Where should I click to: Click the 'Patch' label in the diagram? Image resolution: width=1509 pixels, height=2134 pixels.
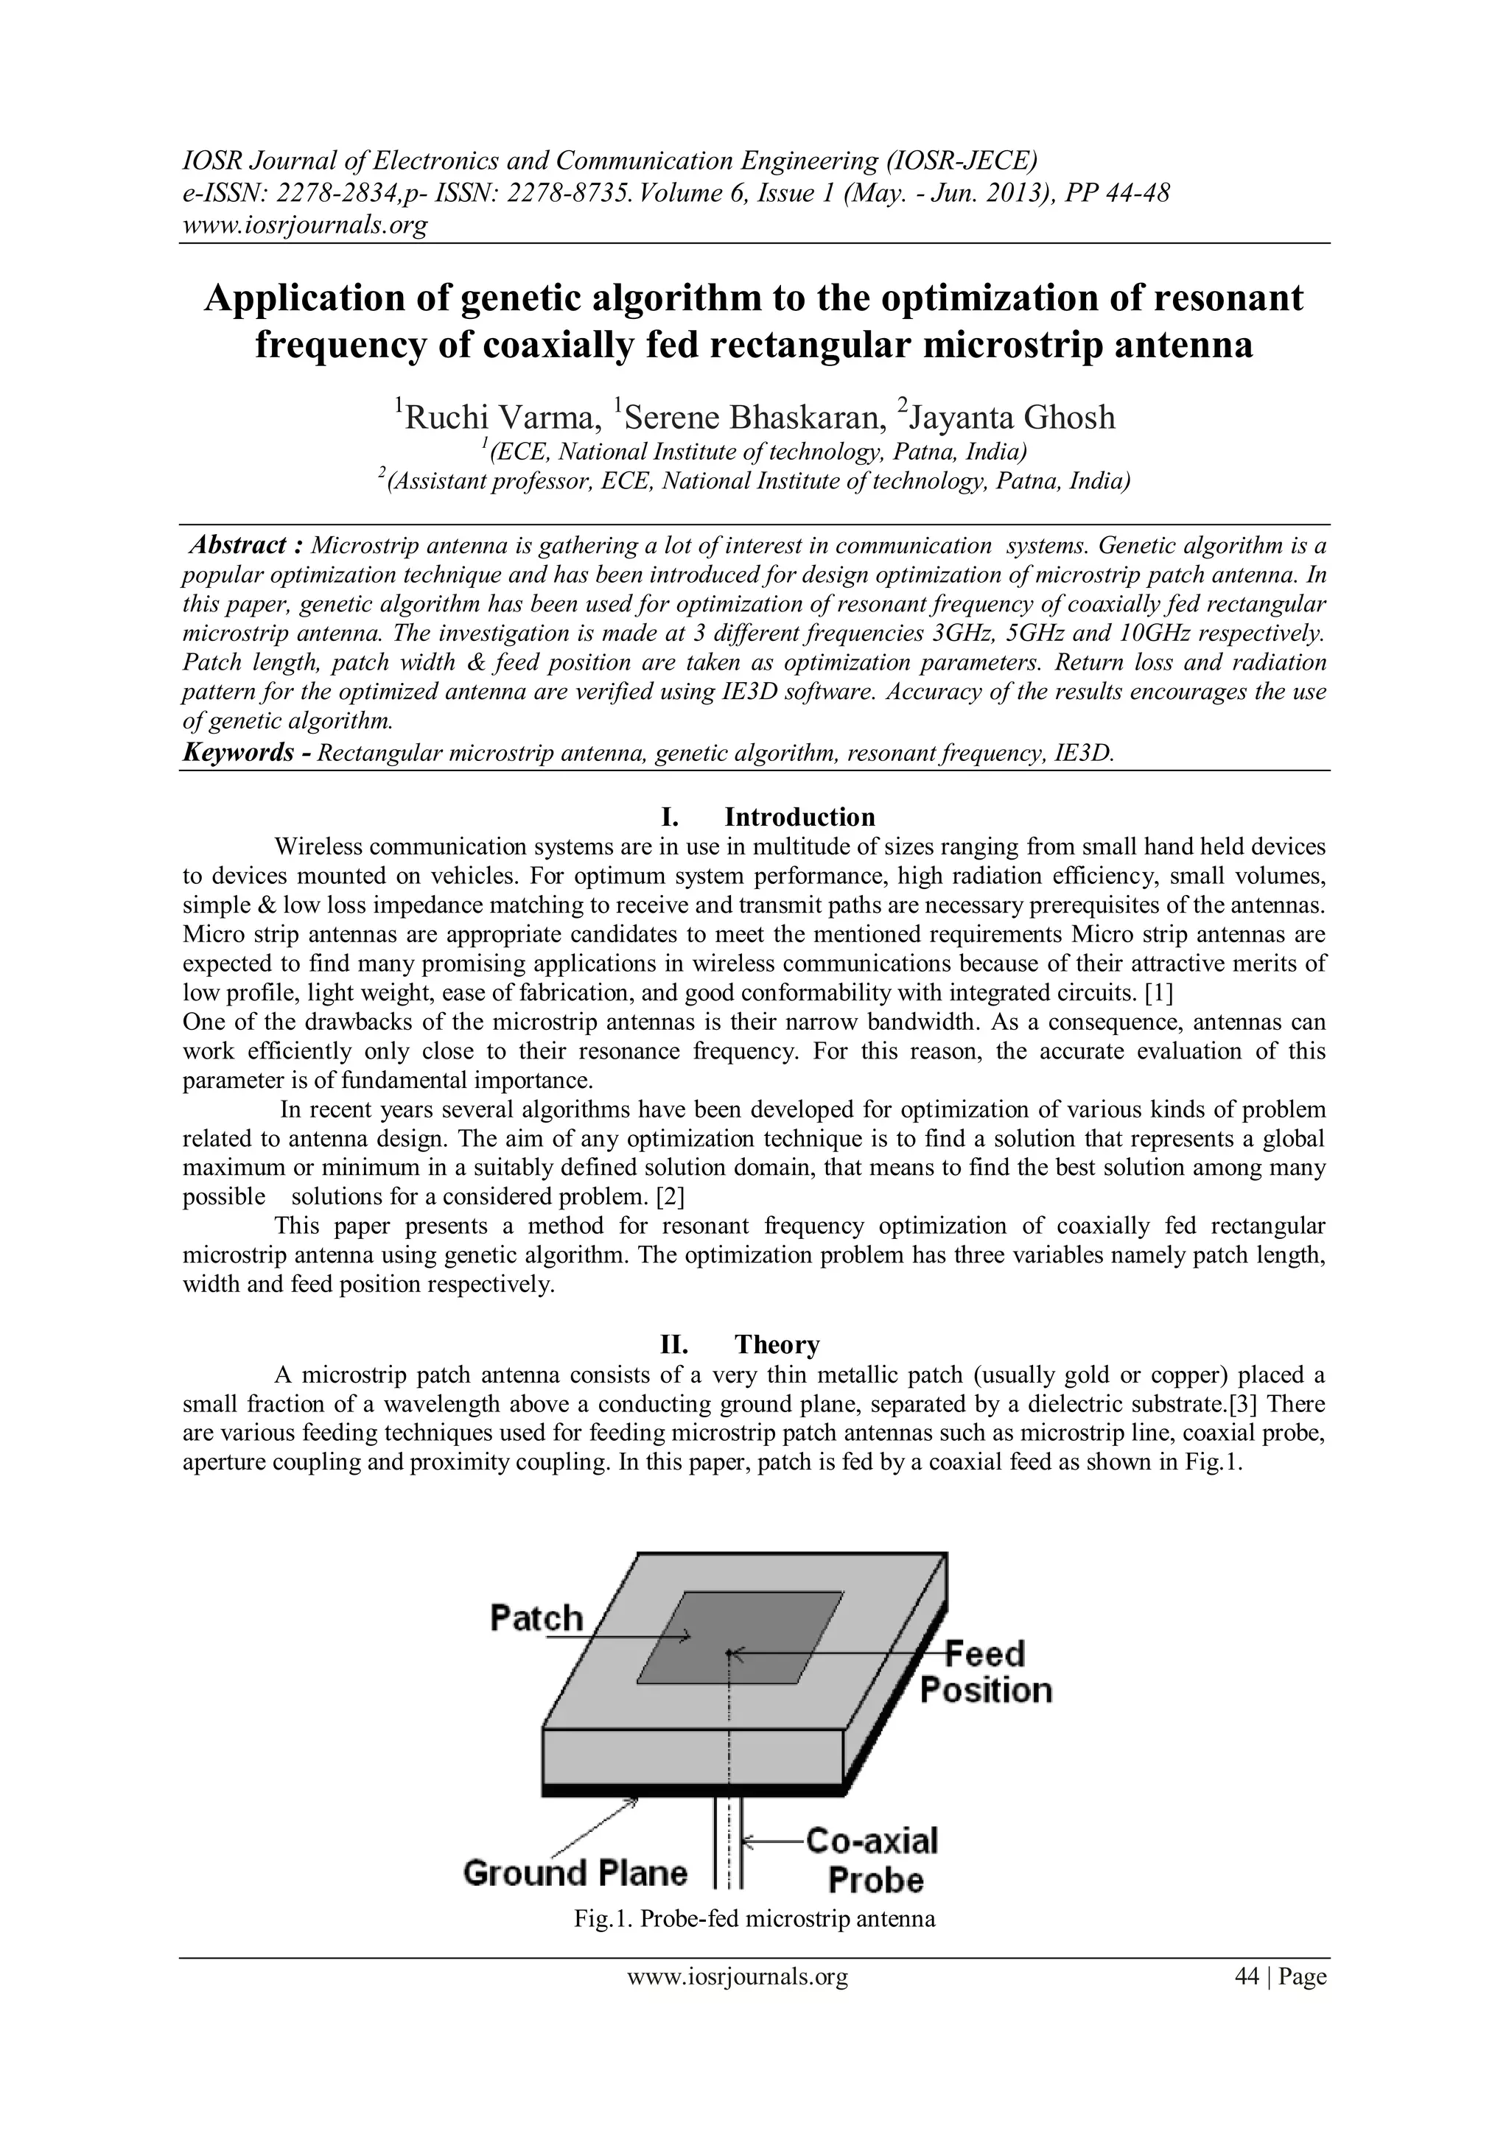tap(536, 1618)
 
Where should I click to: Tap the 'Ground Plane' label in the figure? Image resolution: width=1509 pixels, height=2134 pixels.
tap(575, 1872)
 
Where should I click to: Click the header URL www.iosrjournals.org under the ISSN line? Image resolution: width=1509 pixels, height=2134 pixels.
tap(304, 225)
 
